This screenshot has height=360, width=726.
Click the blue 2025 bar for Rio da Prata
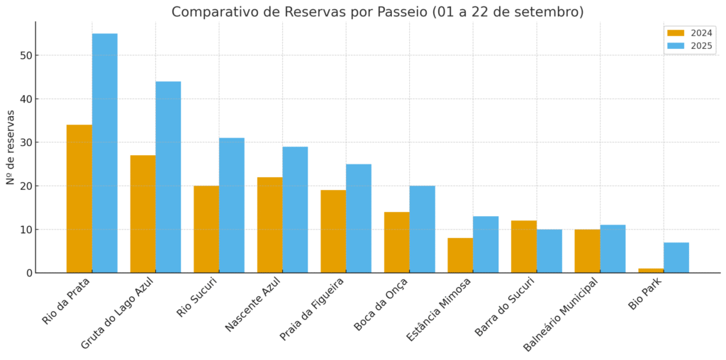(x=105, y=153)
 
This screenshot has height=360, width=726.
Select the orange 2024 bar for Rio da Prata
(x=79, y=198)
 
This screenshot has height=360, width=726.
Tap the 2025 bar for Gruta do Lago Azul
(x=168, y=177)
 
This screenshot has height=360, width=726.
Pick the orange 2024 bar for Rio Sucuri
(x=206, y=229)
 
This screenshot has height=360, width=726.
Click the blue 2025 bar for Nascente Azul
(x=295, y=210)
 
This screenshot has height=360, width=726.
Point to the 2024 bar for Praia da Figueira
(x=333, y=231)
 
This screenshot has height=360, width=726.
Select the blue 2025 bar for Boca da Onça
(x=422, y=229)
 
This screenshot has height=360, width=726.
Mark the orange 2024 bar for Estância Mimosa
(x=460, y=255)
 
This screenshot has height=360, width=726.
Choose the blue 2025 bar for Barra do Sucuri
(x=549, y=251)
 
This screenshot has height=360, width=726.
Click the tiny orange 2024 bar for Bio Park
(x=651, y=270)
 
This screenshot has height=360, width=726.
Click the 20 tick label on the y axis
(x=25, y=186)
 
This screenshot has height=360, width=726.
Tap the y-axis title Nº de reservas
(x=11, y=147)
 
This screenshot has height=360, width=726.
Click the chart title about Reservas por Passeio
(x=377, y=12)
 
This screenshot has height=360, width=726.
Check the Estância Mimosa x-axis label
(x=439, y=309)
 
